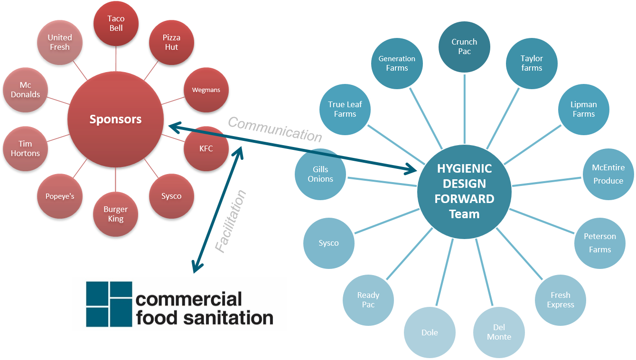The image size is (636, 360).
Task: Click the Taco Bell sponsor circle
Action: point(116,23)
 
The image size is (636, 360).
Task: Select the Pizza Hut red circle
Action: point(171,42)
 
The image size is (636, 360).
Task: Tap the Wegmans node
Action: point(206,90)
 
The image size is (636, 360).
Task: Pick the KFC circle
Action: point(206,148)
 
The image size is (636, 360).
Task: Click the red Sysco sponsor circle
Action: point(171,196)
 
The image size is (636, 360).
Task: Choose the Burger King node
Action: point(116,214)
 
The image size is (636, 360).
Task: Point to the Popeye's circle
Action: point(60,196)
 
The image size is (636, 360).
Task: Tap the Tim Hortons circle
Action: point(26,148)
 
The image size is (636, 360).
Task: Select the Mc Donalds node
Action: point(26,90)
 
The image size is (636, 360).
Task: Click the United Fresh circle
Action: point(60,42)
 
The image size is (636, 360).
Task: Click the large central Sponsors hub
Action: point(116,119)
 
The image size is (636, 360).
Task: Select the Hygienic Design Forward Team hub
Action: point(464,192)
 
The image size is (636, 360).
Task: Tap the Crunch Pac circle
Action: point(464,46)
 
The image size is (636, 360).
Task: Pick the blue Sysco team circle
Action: point(328,243)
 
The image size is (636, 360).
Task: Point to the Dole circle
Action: point(430,332)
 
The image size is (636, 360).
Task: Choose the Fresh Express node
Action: point(561,300)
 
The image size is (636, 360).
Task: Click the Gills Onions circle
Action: point(320,174)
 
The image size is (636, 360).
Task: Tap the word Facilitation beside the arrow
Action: point(231,221)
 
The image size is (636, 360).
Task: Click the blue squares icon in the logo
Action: point(109,304)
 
